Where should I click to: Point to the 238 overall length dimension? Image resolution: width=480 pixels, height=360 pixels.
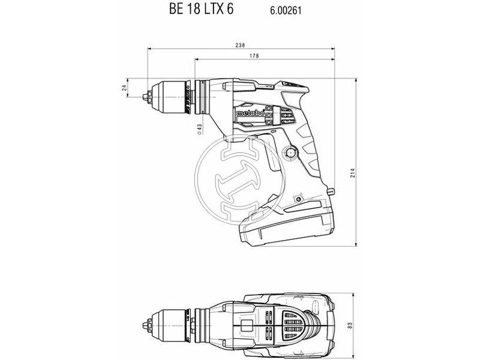point(240,44)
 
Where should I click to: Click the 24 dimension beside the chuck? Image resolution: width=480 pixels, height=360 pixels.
point(124,88)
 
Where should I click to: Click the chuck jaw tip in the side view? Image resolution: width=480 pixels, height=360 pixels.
point(146,95)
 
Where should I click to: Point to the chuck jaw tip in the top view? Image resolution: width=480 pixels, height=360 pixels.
point(146,324)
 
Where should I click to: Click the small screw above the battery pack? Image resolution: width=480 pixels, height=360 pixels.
point(297,197)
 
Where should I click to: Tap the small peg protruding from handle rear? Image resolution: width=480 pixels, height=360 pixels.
point(329,191)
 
